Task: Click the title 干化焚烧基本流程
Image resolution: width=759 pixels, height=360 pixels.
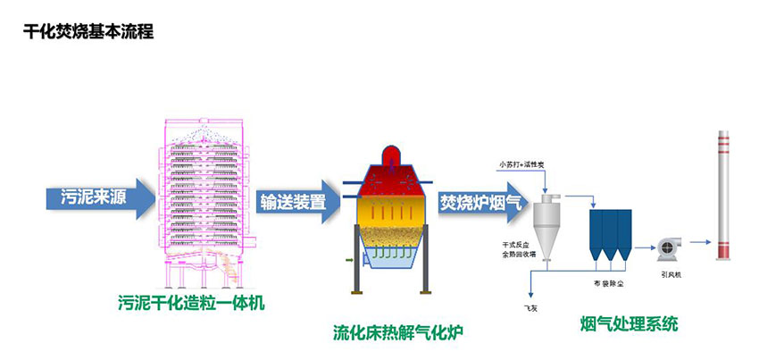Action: (88, 32)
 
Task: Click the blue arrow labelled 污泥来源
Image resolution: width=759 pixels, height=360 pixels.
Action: (93, 197)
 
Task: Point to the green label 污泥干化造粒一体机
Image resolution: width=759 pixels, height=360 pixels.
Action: (191, 304)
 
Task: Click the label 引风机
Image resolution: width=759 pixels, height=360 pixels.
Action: (671, 274)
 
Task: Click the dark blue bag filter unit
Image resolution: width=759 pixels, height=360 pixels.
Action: (611, 234)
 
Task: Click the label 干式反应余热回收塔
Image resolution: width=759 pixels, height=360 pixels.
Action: (520, 248)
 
